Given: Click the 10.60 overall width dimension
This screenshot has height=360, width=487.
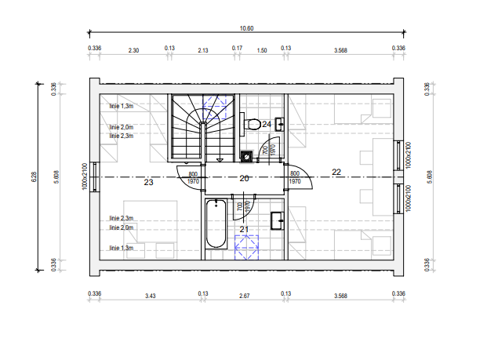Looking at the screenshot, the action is [x=246, y=28].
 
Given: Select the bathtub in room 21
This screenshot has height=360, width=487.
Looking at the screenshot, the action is [x=216, y=224].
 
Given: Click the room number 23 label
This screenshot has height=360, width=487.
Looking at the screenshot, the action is [x=148, y=182].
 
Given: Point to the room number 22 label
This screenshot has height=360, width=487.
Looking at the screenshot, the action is [x=336, y=172].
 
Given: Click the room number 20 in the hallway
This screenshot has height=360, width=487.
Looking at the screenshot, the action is [x=244, y=178].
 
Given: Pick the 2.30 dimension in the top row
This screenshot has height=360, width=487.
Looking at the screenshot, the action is [x=133, y=50].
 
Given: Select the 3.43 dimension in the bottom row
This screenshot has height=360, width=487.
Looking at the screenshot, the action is [x=151, y=296].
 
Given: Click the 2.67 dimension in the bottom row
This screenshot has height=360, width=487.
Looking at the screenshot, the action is [x=245, y=296].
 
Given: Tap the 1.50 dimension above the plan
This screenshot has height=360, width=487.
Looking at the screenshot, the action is [x=262, y=50].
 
